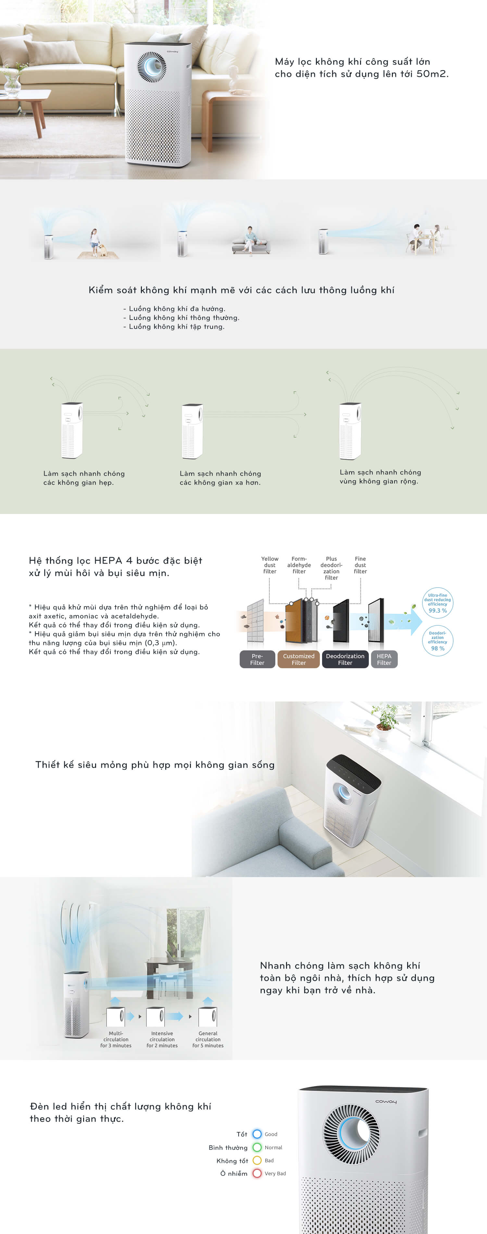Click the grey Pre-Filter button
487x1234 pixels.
tap(257, 659)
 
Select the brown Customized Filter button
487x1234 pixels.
tap(299, 659)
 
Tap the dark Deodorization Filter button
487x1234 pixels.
tap(345, 659)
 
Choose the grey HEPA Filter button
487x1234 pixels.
tap(384, 659)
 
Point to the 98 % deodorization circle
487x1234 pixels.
tap(438, 641)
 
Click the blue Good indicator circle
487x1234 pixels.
tap(257, 1134)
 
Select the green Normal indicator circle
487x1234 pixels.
tap(257, 1147)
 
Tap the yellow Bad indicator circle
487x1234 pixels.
tap(257, 1160)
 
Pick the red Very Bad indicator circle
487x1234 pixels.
tap(257, 1173)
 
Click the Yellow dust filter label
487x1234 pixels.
tap(270, 565)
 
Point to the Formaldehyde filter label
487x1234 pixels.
tap(299, 565)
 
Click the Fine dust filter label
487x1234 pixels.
tap(360, 565)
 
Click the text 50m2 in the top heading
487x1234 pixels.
tap(432, 74)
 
